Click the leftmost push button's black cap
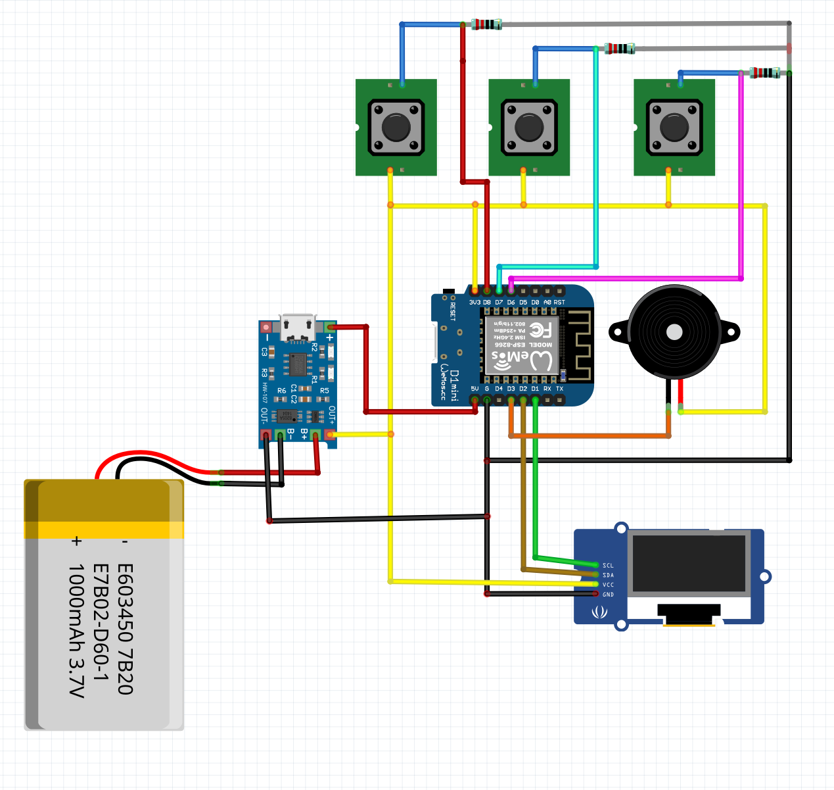tap(396, 127)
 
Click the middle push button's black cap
tap(529, 127)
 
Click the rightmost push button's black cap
tap(674, 127)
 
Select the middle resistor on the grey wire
tap(620, 48)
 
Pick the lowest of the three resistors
tap(764, 72)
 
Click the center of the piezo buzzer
tap(674, 332)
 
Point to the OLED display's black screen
tap(689, 563)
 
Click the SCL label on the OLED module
tap(608, 566)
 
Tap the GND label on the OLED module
tap(608, 595)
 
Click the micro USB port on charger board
tap(297, 328)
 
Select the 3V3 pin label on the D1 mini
tap(475, 303)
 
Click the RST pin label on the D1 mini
tap(559, 303)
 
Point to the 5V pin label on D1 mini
tap(475, 389)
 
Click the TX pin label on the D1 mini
tap(559, 389)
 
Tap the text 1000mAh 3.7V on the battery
tap(77, 630)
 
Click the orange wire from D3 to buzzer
tap(591, 435)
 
